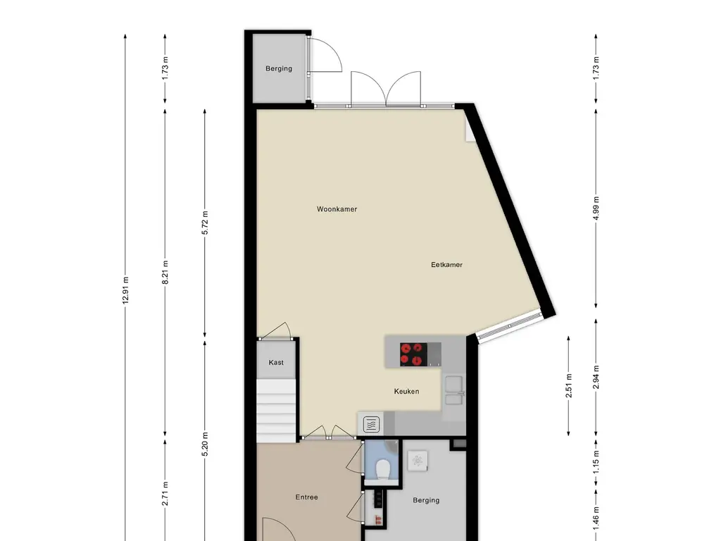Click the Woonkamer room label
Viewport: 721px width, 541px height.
pyautogui.click(x=337, y=209)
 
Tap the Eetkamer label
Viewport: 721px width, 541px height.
pyautogui.click(x=446, y=265)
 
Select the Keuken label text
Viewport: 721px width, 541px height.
pyautogui.click(x=406, y=392)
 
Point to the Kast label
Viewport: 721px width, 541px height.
pyautogui.click(x=276, y=363)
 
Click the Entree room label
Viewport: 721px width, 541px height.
pyautogui.click(x=307, y=497)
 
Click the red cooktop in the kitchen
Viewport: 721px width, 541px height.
pyautogui.click(x=413, y=354)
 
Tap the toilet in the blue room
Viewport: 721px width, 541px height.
pyautogui.click(x=382, y=469)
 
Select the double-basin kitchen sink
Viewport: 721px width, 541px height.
pyautogui.click(x=453, y=390)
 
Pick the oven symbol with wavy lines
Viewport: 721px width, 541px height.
pyautogui.click(x=371, y=425)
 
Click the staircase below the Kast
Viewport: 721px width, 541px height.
pyautogui.click(x=276, y=411)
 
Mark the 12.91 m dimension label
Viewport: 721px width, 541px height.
pyautogui.click(x=125, y=290)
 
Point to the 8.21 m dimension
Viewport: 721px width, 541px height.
pyautogui.click(x=165, y=272)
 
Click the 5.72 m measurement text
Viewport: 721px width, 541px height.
pyautogui.click(x=205, y=223)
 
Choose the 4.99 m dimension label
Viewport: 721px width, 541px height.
pyautogui.click(x=596, y=208)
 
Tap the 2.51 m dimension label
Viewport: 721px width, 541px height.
pyautogui.click(x=569, y=385)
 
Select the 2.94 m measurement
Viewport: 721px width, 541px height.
pyautogui.click(x=596, y=378)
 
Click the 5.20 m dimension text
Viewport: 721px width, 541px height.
pyautogui.click(x=205, y=444)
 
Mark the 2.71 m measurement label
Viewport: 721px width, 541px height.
pyautogui.click(x=165, y=494)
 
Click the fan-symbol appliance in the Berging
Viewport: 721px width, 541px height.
pyautogui.click(x=418, y=461)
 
